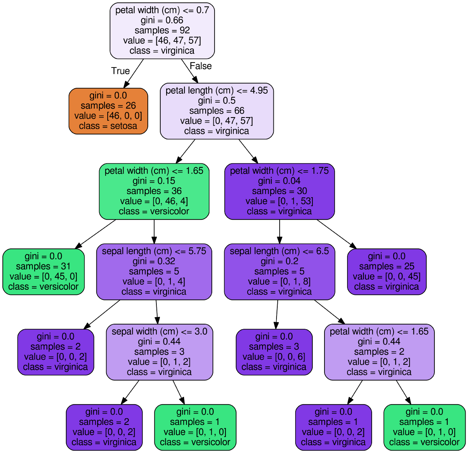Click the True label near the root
(120, 71)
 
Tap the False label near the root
(200, 66)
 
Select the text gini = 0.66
(162, 20)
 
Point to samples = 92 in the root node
(162, 30)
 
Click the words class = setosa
(108, 126)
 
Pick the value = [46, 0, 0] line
(108, 116)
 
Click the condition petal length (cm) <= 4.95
(216, 91)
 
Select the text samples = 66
(216, 111)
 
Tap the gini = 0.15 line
(154, 181)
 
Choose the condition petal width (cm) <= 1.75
(279, 171)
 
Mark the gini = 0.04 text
(279, 181)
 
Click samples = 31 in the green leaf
(43, 266)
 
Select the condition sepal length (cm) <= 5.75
(154, 251)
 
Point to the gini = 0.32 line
(154, 261)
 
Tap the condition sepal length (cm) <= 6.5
(279, 251)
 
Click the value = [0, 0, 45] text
(386, 276)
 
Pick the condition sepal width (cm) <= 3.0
(160, 332)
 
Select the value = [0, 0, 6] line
(274, 357)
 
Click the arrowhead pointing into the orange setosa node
(126, 84)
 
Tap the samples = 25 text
(386, 266)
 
